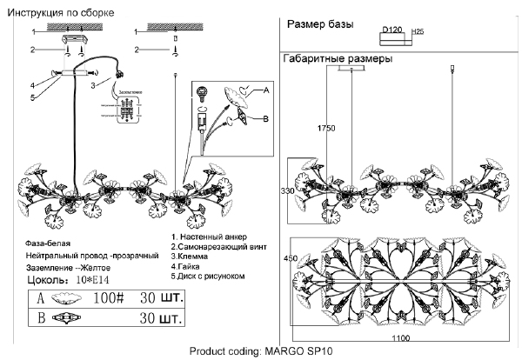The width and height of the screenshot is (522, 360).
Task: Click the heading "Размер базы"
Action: [x=319, y=25]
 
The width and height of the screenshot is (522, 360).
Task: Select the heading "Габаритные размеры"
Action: [x=337, y=59]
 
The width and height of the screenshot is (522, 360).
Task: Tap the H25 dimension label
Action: [x=417, y=31]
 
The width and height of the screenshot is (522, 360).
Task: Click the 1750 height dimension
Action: [x=327, y=129]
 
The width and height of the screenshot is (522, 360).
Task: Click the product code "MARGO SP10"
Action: [x=294, y=351]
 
